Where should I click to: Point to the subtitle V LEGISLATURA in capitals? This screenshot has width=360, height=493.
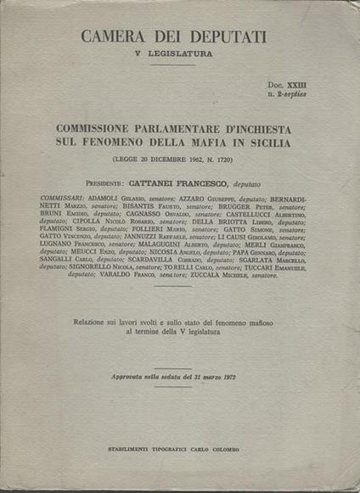pos(174,54)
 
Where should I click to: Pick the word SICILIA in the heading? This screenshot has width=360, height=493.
pos(267,144)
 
